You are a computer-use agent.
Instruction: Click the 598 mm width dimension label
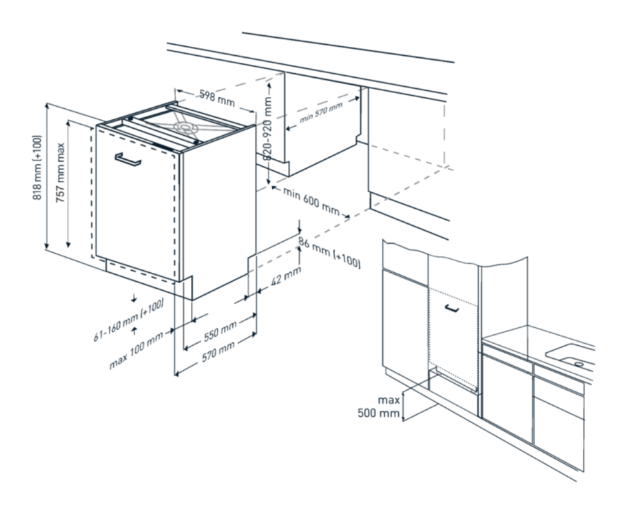[217, 99]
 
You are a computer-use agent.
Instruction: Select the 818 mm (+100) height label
[37, 167]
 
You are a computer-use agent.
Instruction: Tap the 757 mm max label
[60, 172]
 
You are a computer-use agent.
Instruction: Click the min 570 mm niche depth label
[321, 113]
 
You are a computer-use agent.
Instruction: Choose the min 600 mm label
[311, 201]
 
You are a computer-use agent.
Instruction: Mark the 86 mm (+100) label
[329, 252]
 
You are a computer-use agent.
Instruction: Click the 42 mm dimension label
[286, 276]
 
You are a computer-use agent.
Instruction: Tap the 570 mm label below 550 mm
[218, 352]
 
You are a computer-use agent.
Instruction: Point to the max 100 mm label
[136, 351]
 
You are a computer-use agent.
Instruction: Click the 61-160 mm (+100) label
[128, 321]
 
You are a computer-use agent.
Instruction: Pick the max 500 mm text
[379, 407]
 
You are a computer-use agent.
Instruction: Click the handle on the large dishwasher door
[127, 158]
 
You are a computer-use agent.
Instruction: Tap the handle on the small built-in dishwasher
[451, 308]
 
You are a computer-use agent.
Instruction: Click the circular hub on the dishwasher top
[185, 127]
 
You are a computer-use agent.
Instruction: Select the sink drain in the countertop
[578, 364]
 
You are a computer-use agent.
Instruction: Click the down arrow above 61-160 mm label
[134, 298]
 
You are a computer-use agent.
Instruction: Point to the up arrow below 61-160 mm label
[134, 331]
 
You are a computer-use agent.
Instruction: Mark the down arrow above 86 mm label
[299, 226]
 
